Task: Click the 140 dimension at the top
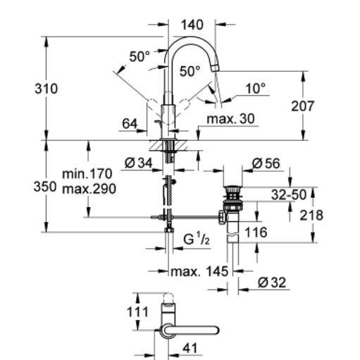click(192, 25)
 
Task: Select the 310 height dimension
click(46, 89)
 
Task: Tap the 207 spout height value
click(302, 106)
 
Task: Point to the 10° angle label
click(256, 89)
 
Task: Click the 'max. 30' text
click(230, 118)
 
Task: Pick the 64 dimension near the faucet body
click(130, 123)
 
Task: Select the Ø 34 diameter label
click(139, 163)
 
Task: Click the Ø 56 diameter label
click(266, 163)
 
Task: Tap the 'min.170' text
click(87, 174)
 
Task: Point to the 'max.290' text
click(89, 189)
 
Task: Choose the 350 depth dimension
click(45, 187)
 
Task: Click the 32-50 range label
click(289, 194)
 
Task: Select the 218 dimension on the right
click(311, 216)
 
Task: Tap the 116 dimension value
click(256, 232)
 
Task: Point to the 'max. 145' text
click(199, 272)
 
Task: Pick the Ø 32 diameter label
click(272, 283)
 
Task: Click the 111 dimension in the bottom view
click(137, 312)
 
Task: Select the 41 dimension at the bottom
click(190, 348)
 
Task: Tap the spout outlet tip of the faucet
click(215, 68)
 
